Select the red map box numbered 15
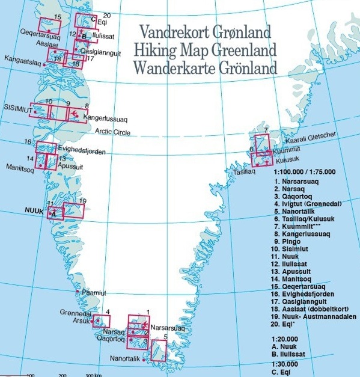tap(50, 25)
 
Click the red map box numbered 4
tap(101, 321)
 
